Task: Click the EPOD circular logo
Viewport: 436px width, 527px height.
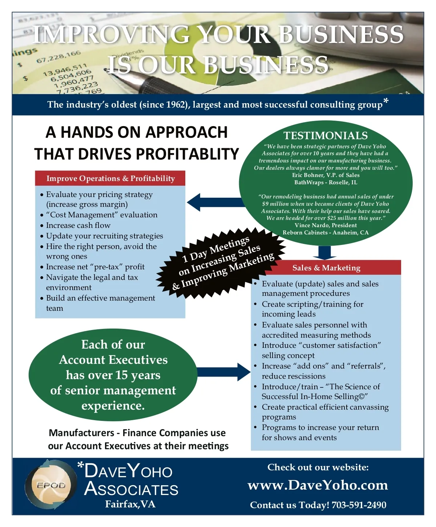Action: point(51,485)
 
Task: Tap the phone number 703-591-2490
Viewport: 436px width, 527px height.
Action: point(359,505)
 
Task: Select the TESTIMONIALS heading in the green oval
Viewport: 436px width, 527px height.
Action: point(326,136)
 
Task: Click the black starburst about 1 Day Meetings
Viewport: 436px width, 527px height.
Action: point(221,263)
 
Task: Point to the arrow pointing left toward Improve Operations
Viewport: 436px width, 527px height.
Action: point(216,202)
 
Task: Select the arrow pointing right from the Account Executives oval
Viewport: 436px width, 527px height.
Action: point(223,372)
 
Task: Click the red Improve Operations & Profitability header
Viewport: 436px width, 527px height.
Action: point(110,178)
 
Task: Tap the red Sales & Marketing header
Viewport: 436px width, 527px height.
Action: point(326,267)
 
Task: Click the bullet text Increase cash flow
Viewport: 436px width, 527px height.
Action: point(78,225)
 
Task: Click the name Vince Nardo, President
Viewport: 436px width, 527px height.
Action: point(326,225)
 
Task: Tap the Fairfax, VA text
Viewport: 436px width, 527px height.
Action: point(130,504)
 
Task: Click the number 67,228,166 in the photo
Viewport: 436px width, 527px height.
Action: point(58,57)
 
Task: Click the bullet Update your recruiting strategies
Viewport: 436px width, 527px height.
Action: point(105,236)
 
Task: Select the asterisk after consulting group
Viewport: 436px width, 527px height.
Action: point(386,101)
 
